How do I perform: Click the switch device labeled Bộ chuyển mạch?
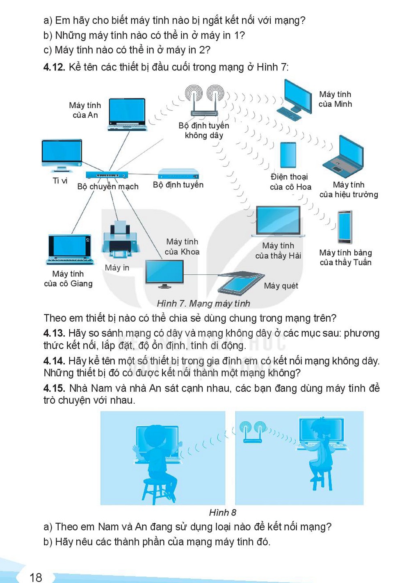click(107, 175)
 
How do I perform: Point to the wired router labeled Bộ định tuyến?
click(178, 174)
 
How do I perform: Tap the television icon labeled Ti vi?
click(62, 156)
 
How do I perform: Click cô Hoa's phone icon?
click(288, 155)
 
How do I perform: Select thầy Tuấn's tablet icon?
click(345, 227)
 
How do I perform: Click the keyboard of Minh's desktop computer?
click(289, 113)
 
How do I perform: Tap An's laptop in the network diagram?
click(127, 114)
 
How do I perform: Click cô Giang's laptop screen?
click(70, 246)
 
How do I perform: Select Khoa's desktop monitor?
click(164, 274)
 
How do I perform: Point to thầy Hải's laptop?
click(278, 221)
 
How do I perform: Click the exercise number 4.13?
click(54, 333)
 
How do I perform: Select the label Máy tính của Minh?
click(335, 99)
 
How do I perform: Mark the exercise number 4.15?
click(54, 388)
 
